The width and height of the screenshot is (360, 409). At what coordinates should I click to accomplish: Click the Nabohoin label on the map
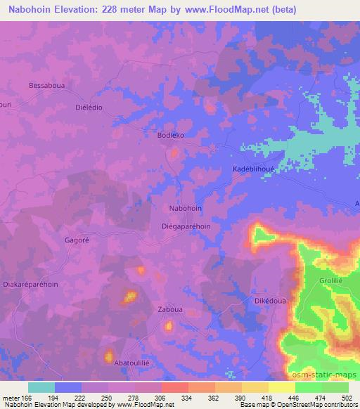(186, 209)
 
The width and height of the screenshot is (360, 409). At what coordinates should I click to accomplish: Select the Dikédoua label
(268, 300)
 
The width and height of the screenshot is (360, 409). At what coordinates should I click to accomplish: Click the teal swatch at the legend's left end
(41, 387)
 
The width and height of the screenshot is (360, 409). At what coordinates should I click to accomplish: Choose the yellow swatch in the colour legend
(282, 387)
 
